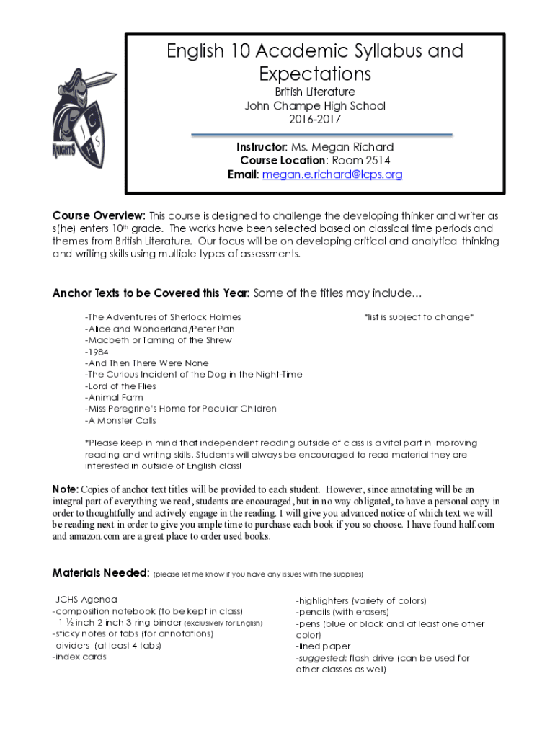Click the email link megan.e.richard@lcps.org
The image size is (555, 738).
click(x=332, y=174)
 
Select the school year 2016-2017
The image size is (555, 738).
click(x=315, y=120)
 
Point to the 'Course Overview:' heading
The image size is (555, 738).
click(x=99, y=215)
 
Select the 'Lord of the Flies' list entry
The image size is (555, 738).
click(x=121, y=386)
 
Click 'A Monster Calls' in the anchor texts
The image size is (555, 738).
click(x=120, y=421)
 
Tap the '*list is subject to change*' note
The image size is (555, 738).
click(x=419, y=317)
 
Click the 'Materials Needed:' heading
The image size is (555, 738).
click(x=100, y=573)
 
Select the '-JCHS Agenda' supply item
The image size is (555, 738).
click(x=85, y=600)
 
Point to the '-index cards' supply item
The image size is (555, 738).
click(x=79, y=657)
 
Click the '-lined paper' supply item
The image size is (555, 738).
click(x=324, y=647)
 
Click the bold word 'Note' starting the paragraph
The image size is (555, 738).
click(x=64, y=489)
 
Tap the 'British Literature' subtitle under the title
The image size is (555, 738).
click(x=315, y=92)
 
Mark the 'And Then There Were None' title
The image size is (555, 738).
click(x=147, y=363)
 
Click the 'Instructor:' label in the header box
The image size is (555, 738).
click(x=257, y=147)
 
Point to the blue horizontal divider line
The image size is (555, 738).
click(x=321, y=135)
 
